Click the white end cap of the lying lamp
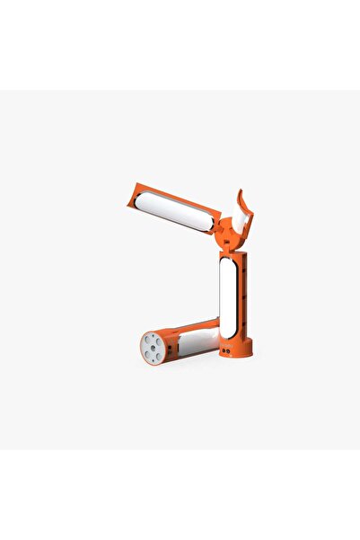click(x=154, y=347)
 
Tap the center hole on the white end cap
click(x=154, y=347)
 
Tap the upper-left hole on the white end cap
click(x=148, y=341)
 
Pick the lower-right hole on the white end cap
click(x=159, y=353)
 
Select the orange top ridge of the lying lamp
click(x=193, y=325)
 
